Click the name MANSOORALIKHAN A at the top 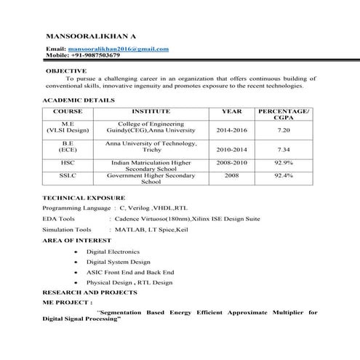pos(91,36)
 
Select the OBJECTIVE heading pos(67,71)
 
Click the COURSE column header pos(68,111)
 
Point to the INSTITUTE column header pos(151,111)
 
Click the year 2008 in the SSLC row pos(231,175)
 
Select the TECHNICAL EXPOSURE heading pos(84,197)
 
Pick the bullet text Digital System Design pos(119,261)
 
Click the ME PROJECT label pos(68,301)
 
